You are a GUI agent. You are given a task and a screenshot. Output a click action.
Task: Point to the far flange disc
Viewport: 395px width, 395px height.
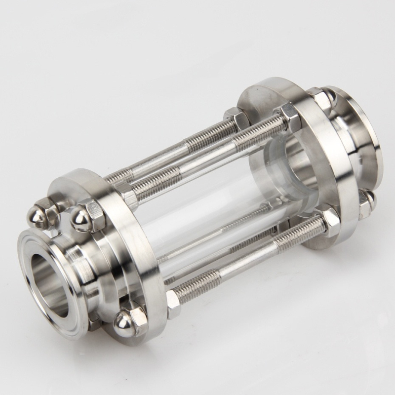(306, 163)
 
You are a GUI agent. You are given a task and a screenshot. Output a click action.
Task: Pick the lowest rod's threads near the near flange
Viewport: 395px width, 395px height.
(197, 286)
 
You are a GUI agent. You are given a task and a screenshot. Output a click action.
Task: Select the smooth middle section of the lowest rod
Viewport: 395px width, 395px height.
(247, 262)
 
